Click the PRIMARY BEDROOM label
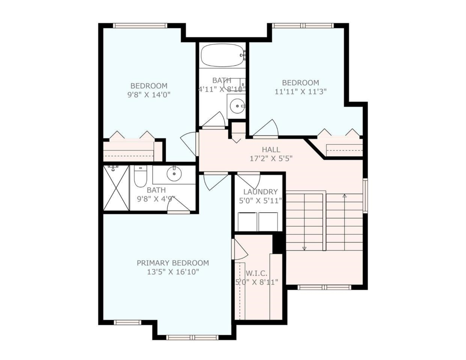(172, 263)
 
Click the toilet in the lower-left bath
(139, 177)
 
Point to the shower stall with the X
(116, 188)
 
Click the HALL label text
(271, 150)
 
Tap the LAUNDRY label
(260, 192)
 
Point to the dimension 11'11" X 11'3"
(300, 92)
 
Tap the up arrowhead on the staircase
(344, 196)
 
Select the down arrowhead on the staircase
(304, 248)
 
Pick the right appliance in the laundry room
(268, 222)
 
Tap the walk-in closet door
(239, 250)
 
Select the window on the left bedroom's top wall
(140, 26)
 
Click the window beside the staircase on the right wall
(365, 195)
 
